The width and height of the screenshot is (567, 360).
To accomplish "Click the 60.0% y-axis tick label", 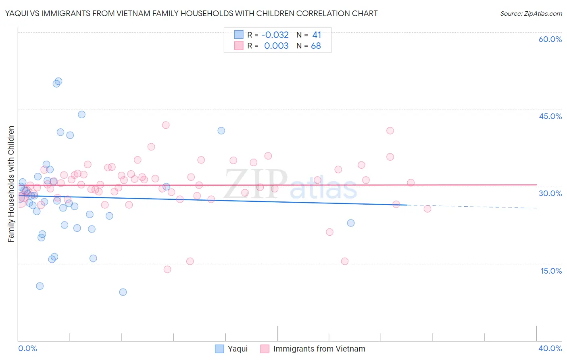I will point(550,39).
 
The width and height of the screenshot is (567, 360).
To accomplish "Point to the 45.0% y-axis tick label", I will point(550,116).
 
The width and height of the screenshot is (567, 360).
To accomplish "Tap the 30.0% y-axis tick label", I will point(550,193).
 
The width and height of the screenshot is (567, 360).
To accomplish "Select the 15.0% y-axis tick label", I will point(551,271).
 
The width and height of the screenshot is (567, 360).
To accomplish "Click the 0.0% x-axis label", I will point(27,348).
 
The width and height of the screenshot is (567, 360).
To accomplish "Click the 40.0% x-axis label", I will point(550,348).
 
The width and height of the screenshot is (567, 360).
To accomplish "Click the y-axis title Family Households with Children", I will point(11,184).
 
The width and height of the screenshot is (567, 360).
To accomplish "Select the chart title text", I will point(191,13).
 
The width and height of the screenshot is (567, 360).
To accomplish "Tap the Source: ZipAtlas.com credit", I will point(531,14).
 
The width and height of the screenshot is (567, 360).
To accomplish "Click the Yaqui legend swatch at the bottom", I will point(219,349).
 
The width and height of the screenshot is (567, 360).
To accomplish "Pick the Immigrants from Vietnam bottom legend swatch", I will point(265,349).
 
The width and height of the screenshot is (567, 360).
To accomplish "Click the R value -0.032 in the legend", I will point(275,35).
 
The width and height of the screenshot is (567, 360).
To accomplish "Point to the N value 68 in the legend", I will point(316,46).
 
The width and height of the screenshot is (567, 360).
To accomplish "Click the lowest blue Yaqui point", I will point(123,292).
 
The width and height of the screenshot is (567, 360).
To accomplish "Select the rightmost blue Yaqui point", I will point(351,223).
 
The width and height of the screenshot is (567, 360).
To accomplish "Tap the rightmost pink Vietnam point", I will point(427,209).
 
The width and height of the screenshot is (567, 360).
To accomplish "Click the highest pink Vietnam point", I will point(166,125).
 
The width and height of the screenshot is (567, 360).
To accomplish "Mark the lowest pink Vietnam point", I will point(167,269).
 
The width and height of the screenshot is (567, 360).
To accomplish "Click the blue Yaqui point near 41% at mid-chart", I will point(221,131).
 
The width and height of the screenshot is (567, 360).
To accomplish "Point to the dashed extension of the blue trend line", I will point(472,207).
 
